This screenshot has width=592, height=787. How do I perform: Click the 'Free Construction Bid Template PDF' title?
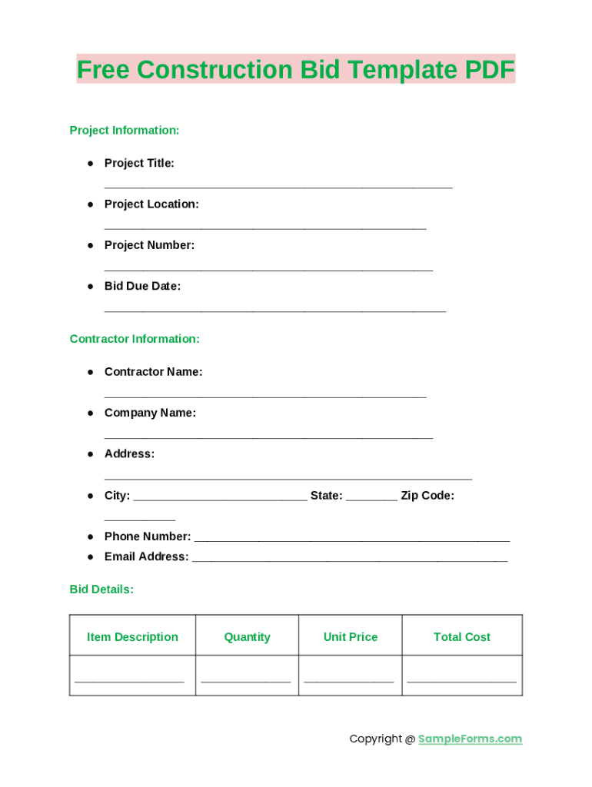click(296, 70)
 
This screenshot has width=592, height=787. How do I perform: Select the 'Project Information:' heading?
click(125, 131)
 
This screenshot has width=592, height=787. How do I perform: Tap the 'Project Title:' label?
click(139, 163)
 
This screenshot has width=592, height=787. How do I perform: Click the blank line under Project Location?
click(265, 227)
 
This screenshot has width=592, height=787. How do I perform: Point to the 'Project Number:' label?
click(149, 245)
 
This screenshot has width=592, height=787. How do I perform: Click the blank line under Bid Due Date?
click(274, 309)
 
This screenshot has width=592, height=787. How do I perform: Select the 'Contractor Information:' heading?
click(135, 339)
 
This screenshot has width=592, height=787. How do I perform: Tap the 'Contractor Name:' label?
click(153, 372)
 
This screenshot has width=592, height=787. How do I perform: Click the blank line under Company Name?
click(268, 436)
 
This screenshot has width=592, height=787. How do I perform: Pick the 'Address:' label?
click(129, 454)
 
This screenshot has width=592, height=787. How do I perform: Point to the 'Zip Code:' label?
click(427, 496)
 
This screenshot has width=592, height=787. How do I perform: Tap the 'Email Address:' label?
click(146, 556)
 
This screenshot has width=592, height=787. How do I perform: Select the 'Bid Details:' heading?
click(101, 589)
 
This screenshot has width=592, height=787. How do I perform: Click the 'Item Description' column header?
click(132, 637)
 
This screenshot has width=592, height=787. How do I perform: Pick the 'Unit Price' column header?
click(351, 637)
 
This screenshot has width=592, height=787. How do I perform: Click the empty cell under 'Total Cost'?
click(461, 676)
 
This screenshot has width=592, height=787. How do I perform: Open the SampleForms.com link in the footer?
click(470, 739)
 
